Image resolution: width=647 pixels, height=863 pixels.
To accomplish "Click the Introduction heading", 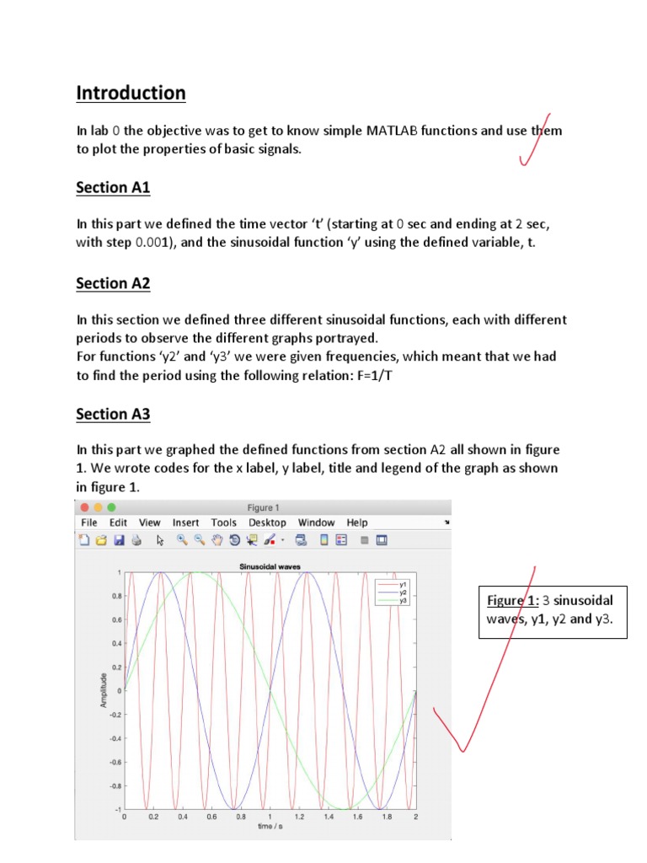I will pos(131,93).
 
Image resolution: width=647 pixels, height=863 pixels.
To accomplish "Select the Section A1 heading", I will pos(113,188).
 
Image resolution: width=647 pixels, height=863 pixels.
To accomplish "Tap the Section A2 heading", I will pos(113,284).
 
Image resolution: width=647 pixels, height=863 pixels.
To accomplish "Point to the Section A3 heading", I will pos(113,414).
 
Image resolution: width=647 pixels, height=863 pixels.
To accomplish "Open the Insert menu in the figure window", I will pos(185,523).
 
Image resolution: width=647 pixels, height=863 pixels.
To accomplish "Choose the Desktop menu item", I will pos(267,523).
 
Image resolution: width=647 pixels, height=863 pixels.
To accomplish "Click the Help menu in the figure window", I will pos(357,523).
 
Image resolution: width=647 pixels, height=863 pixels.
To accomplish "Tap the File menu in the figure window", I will pos(89,523).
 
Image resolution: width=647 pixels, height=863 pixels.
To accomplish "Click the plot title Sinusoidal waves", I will pos(270,566).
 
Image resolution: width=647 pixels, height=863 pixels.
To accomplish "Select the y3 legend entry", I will pos(403,601).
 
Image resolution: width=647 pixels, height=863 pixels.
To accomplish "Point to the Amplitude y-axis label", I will pos(104,689).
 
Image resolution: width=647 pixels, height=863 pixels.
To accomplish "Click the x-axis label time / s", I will pos(270,827).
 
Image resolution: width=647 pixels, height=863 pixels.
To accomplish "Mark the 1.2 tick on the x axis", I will pos(299,817).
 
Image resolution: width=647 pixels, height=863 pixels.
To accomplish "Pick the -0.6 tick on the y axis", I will pos(115,761).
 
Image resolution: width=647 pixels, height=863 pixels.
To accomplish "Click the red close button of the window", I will pos(83,507).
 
